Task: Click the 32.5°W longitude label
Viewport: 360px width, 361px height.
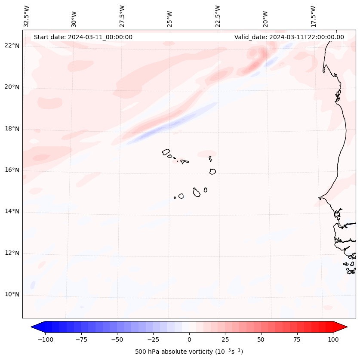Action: coord(27,16)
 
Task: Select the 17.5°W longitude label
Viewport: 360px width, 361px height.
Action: coord(313,16)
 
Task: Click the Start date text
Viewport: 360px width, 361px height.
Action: coord(83,37)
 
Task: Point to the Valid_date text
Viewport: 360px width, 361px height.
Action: coord(289,37)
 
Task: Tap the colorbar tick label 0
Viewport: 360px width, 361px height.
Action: coord(189,339)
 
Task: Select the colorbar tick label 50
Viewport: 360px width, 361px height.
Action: coord(261,339)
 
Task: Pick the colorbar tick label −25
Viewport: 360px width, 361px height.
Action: coord(153,339)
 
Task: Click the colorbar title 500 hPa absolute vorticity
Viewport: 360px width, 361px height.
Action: coord(189,352)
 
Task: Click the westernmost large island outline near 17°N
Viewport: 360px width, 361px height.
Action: coord(166,152)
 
